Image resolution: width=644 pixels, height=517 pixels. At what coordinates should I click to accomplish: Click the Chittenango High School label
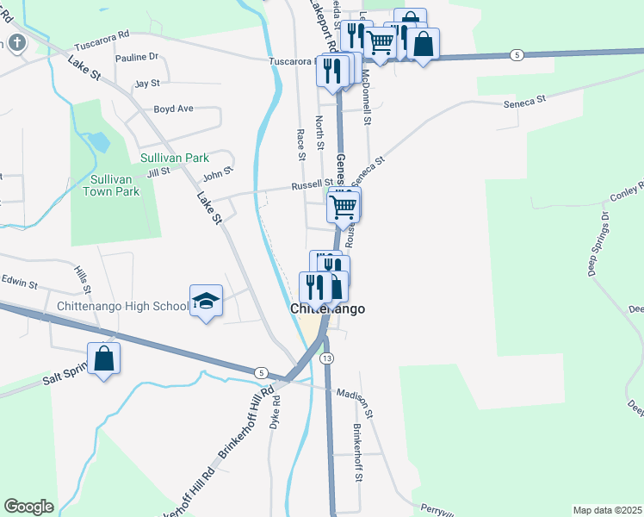click(x=122, y=306)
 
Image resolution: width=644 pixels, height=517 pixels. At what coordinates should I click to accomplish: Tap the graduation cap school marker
click(x=206, y=301)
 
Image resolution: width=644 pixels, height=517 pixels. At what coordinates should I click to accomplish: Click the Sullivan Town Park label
click(x=115, y=185)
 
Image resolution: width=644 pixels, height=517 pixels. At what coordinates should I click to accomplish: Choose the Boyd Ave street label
click(x=173, y=109)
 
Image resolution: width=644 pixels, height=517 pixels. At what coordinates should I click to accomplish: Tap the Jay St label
click(x=147, y=84)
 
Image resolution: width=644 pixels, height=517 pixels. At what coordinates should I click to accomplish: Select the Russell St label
click(x=312, y=184)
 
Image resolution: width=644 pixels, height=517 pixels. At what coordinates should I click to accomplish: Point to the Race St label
click(x=300, y=145)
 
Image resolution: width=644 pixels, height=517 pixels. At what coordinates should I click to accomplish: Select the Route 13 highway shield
click(x=325, y=358)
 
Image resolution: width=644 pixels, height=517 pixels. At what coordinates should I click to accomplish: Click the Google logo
click(x=28, y=507)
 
